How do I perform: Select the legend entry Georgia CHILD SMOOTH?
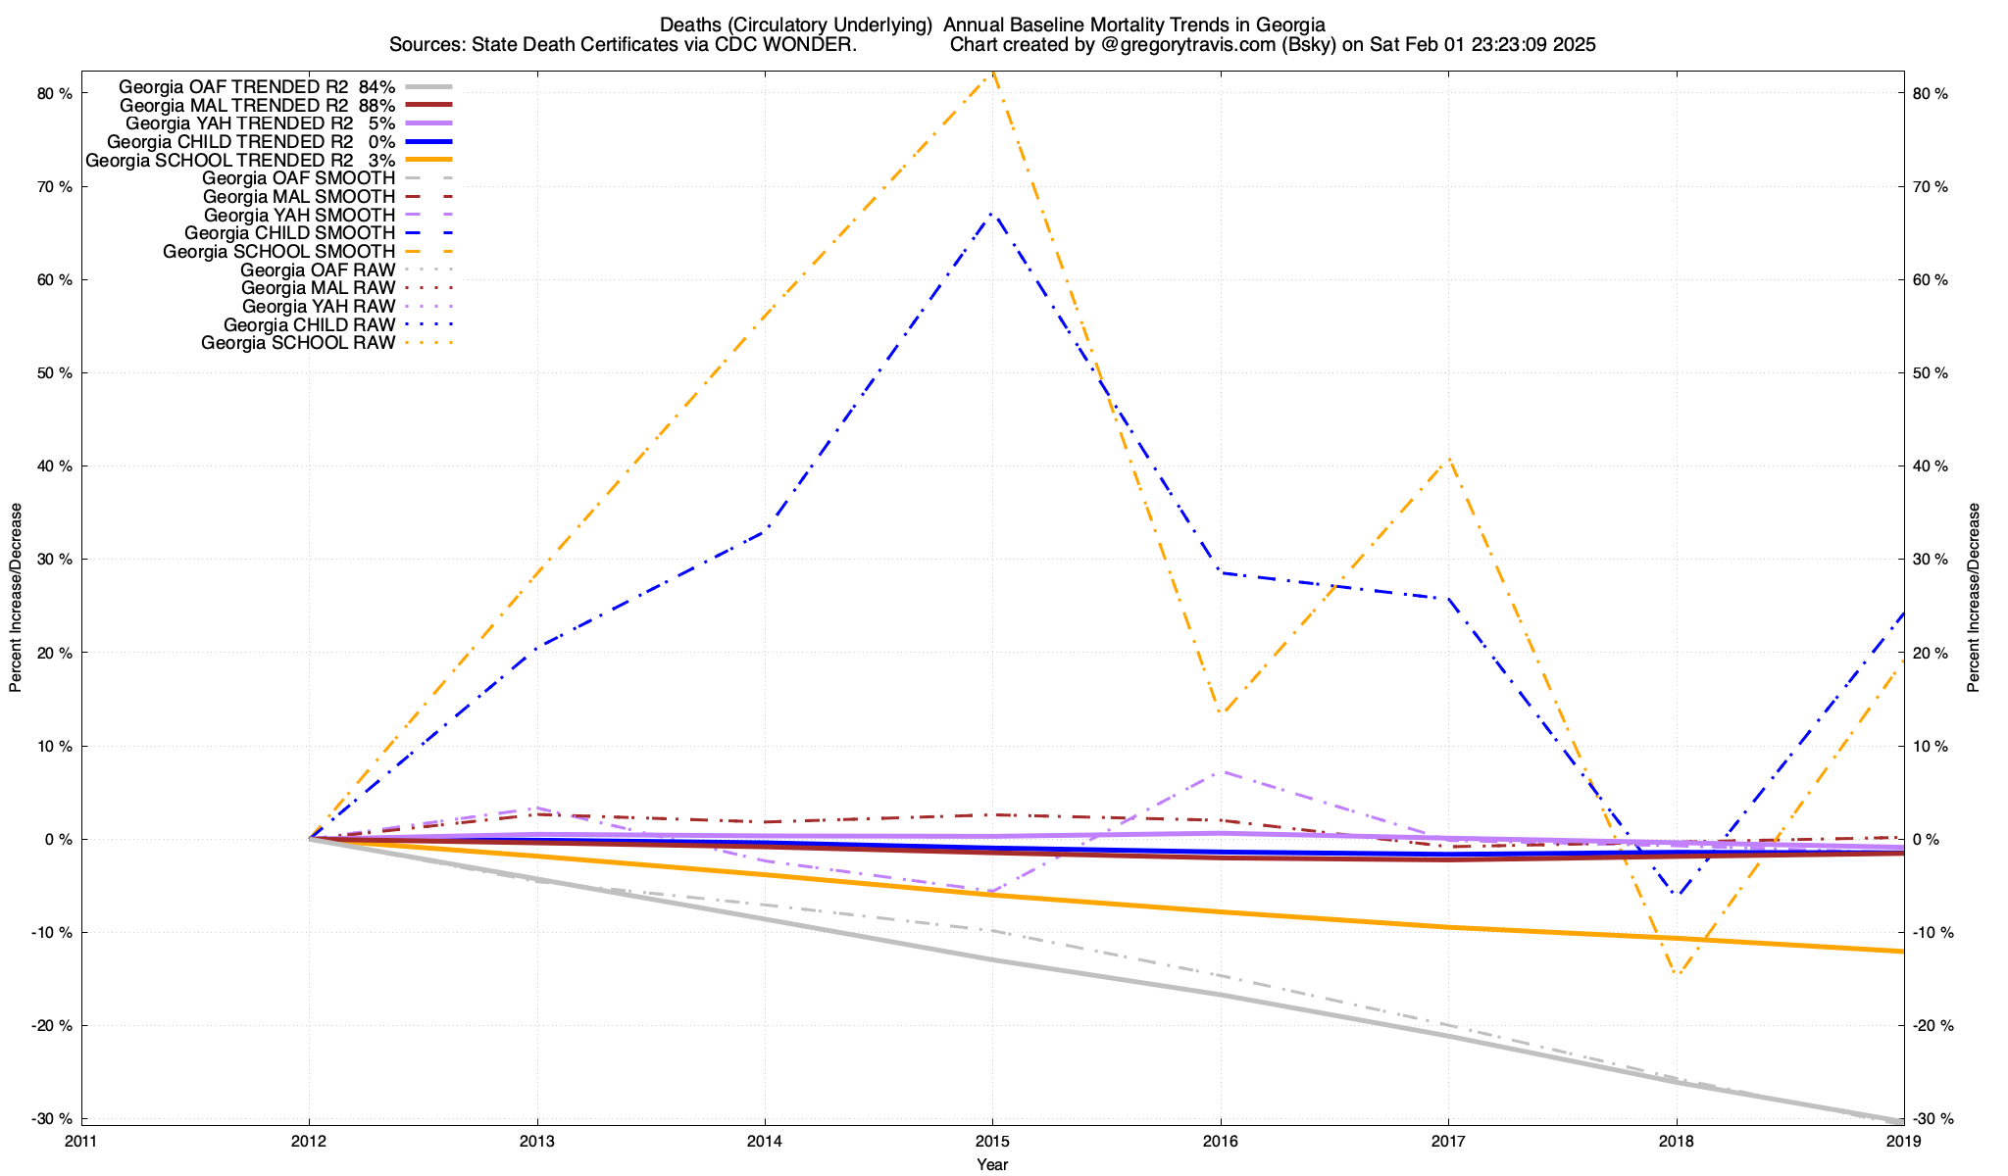(289, 233)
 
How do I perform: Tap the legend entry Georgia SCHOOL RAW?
(298, 343)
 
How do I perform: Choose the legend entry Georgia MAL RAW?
(318, 288)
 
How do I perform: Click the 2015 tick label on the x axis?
(992, 1141)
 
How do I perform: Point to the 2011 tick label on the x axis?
(81, 1141)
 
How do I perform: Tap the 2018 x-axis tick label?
(1676, 1141)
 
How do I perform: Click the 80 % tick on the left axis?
(55, 94)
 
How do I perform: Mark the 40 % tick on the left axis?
(55, 466)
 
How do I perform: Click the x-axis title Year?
(992, 1164)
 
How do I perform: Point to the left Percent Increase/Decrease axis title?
(16, 598)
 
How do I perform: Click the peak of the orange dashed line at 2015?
(993, 73)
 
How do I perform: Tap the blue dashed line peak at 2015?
(992, 213)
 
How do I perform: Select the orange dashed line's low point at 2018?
(1677, 974)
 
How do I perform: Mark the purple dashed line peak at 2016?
(1220, 772)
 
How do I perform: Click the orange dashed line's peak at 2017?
(1448, 459)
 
